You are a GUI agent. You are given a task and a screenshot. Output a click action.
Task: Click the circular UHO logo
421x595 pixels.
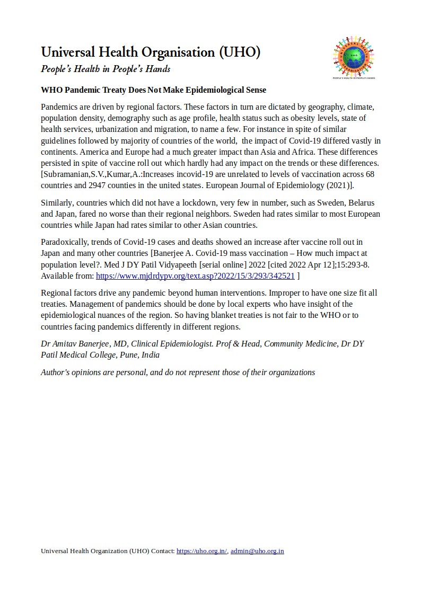[354, 57]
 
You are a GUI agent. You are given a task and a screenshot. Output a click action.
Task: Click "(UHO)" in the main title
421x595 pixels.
[239, 52]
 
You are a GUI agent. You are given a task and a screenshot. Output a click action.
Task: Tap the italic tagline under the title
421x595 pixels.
[106, 69]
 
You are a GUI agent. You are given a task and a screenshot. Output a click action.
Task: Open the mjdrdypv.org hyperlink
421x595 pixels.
[195, 276]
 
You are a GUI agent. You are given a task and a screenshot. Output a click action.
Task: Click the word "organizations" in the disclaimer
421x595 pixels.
[291, 372]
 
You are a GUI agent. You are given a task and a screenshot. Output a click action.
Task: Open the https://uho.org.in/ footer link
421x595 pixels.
[201, 551]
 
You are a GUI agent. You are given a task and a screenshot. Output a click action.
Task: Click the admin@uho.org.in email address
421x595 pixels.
[257, 551]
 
